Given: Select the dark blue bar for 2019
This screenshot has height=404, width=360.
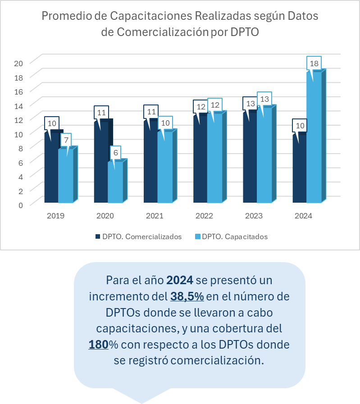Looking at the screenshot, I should coord(51,169).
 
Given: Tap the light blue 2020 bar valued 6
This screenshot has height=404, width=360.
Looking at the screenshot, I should coord(115,182).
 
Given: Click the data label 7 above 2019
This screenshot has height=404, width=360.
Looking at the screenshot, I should coord(66,140).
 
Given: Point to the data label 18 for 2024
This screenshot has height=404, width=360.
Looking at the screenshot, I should coord(314,64).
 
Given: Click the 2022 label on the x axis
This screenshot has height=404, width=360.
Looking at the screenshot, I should coord(204,216).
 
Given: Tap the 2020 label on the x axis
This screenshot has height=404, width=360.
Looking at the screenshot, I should coord(105,216).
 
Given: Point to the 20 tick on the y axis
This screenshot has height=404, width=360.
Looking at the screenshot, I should coord(18,63).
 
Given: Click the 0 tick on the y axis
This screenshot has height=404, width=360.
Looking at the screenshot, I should coord(20,205).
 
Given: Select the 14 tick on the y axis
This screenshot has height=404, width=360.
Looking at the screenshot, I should coord(18,105).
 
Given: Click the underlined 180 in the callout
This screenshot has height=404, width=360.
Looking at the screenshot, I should coord(98,344).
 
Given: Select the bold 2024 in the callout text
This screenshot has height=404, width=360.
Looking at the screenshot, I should coord(180,280).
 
